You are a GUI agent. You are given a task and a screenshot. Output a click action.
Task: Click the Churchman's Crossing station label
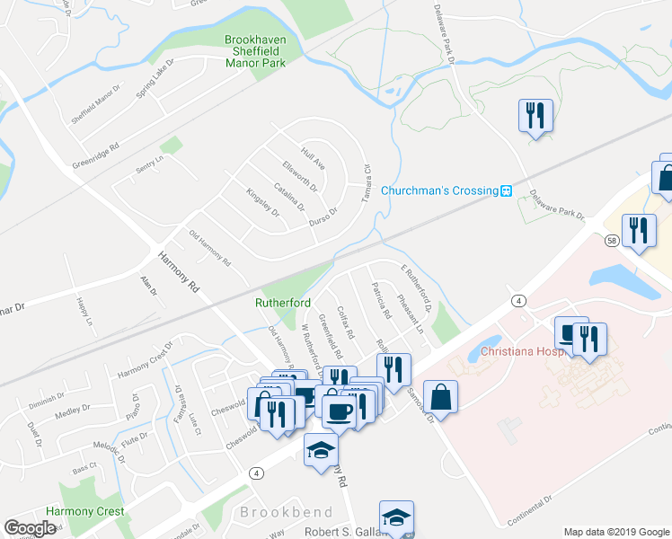tap(438, 190)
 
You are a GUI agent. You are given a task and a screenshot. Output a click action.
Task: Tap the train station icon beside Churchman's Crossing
tap(507, 190)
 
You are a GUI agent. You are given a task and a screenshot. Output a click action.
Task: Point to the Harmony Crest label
tap(85, 511)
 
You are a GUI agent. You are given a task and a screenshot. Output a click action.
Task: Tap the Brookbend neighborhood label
tap(287, 512)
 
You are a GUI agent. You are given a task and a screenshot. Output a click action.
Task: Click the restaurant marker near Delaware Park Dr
tap(535, 115)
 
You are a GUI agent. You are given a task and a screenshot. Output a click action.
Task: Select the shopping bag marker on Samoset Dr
tap(441, 395)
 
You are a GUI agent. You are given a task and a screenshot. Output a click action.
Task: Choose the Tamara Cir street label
tap(367, 182)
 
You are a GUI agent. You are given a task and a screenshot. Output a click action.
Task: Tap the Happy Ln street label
tap(84, 308)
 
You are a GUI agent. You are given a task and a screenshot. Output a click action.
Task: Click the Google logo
tap(30, 528)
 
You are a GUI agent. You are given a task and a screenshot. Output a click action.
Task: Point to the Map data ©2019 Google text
tap(616, 532)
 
